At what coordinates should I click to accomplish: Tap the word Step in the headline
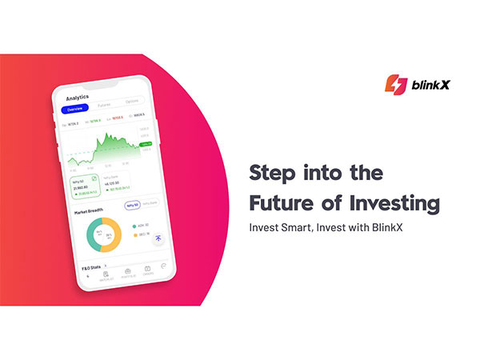pos(274,173)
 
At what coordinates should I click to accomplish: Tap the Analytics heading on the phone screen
pos(78,97)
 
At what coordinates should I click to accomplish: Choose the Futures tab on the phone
pos(104,106)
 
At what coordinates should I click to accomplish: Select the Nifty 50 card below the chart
pos(82,185)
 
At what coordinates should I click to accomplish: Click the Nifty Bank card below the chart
pos(114,183)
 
